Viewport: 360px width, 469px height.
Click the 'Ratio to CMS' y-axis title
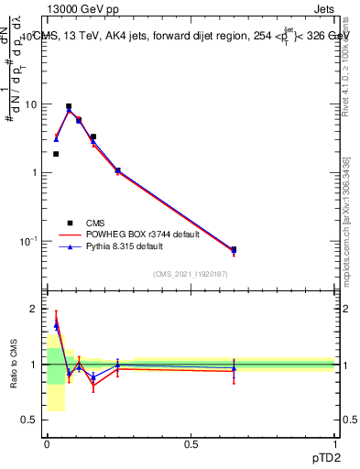[x=14, y=365]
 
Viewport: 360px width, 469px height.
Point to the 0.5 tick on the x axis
[x=191, y=444]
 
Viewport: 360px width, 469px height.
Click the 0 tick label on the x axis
[x=47, y=444]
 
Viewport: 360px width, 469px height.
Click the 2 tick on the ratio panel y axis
[x=36, y=309]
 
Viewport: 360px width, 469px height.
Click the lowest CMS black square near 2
[x=56, y=154]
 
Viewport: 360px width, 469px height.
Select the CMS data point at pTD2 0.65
[x=234, y=249]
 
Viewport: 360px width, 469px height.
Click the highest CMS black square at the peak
[x=69, y=106]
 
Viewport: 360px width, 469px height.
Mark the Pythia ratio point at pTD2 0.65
[x=234, y=368]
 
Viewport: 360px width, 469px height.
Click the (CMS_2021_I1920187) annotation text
[x=190, y=274]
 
